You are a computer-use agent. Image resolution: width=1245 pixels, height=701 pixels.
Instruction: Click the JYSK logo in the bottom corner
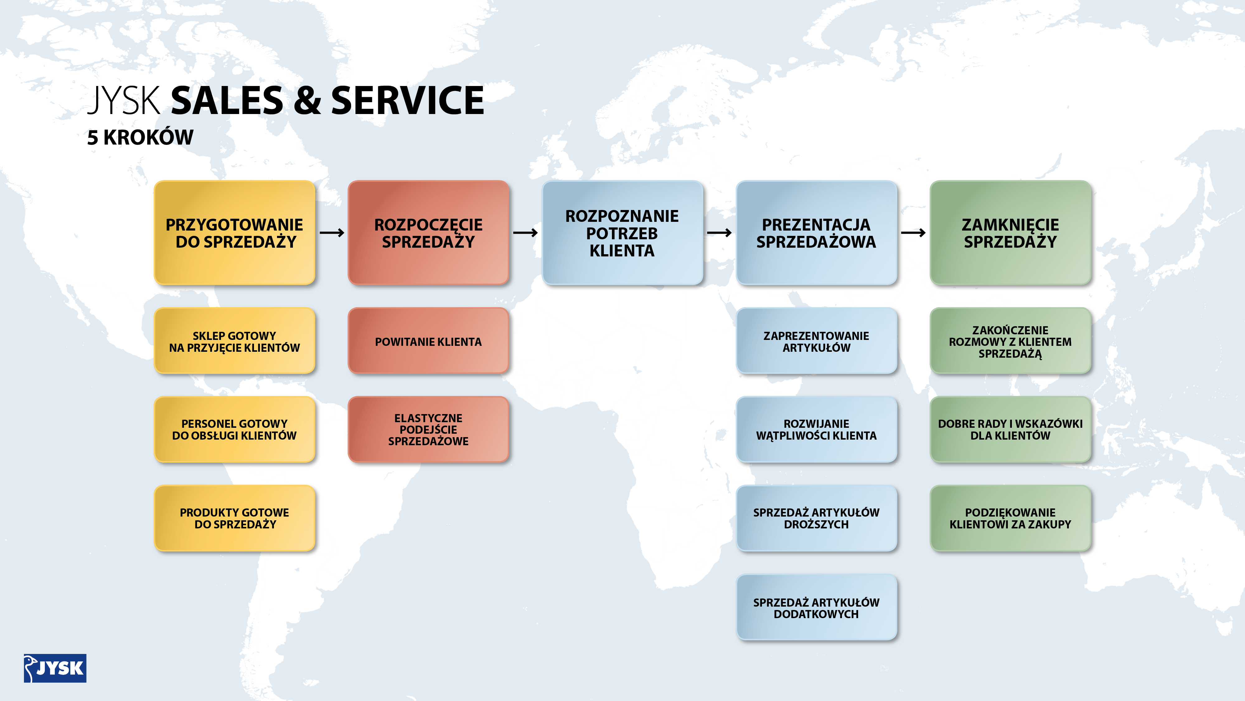coord(55,668)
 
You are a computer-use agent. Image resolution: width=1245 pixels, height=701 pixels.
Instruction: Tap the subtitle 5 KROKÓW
coord(140,137)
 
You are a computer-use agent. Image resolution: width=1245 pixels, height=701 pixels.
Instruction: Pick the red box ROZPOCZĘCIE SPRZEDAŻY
coord(429,233)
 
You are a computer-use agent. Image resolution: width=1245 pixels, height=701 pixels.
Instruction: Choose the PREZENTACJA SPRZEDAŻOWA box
coord(816,233)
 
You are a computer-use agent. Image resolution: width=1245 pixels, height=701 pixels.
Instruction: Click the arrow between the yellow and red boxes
coord(332,233)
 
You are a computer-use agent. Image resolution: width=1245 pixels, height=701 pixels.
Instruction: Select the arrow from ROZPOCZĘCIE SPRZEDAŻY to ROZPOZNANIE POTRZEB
coord(525,233)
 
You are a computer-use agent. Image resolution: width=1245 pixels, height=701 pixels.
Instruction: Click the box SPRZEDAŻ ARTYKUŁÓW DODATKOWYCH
coord(816,608)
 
